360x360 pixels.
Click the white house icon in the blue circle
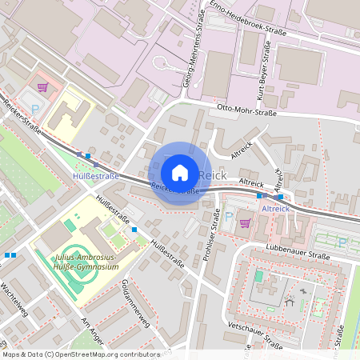tap(180, 173)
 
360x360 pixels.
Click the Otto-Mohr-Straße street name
tap(246, 113)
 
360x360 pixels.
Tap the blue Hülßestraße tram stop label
tap(96, 175)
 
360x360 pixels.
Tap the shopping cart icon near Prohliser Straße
tap(245, 222)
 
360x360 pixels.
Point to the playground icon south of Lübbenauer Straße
tap(290, 302)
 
